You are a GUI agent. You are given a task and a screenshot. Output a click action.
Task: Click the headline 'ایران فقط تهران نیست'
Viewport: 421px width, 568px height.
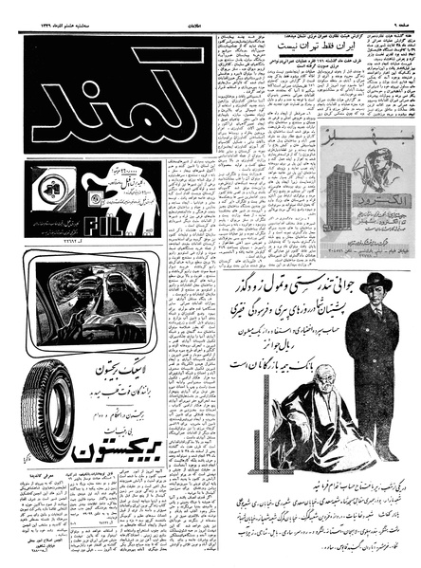(x=313, y=45)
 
